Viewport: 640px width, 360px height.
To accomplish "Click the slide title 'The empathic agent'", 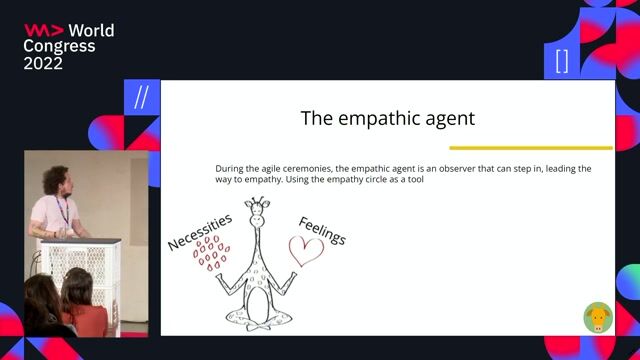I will pos(387,118).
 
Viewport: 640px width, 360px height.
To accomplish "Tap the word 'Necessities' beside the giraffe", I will pos(199,231).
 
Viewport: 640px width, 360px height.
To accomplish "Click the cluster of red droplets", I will pos(211,254).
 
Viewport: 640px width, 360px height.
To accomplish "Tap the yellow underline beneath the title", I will pos(530,148).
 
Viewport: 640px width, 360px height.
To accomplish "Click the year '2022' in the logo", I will pos(43,63).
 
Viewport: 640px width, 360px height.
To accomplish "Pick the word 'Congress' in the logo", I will pos(59,46).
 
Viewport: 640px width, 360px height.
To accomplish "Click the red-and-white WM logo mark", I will pos(43,30).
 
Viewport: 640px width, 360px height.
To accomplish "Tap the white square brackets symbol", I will pos(561,61).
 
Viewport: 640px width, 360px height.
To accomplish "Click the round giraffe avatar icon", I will pos(598,317).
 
